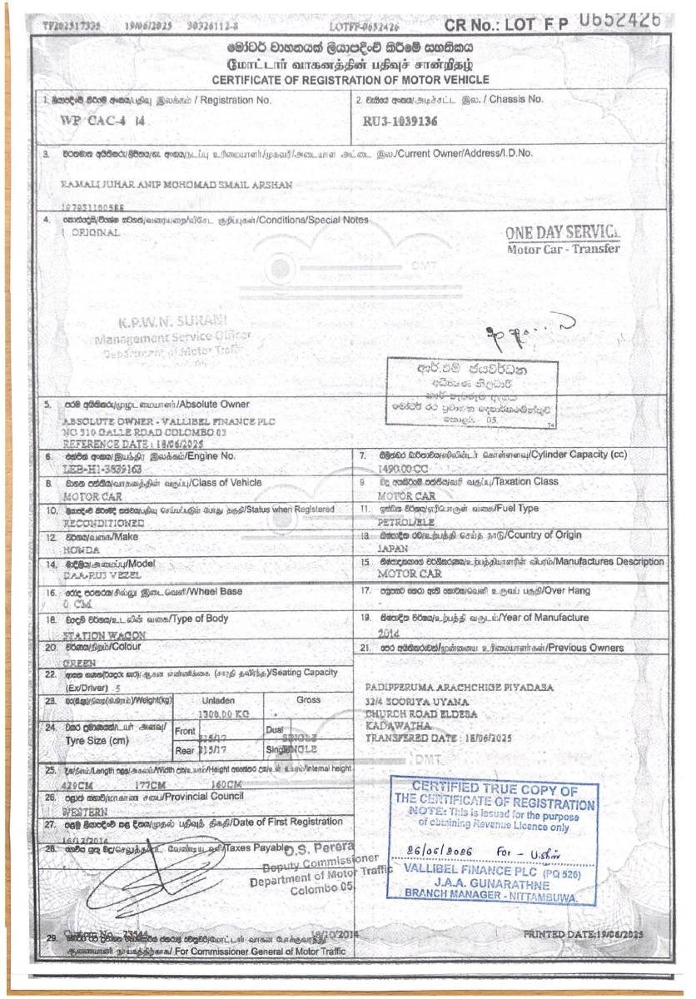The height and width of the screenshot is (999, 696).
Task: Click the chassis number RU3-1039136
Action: click(x=400, y=122)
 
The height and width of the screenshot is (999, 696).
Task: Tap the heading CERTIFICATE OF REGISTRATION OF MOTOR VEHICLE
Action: click(x=350, y=80)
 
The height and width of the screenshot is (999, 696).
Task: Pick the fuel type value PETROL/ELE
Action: click(x=406, y=522)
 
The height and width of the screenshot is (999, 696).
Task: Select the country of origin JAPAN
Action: click(x=393, y=549)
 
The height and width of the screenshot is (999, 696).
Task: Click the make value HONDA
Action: click(x=81, y=550)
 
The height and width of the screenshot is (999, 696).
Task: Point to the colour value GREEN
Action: click(x=79, y=663)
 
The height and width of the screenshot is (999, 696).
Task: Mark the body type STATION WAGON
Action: click(x=104, y=635)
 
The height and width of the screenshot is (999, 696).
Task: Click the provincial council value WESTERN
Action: click(x=85, y=811)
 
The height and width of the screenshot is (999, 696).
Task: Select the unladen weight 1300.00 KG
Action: click(x=225, y=714)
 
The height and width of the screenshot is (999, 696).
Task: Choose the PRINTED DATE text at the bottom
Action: click(x=584, y=934)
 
